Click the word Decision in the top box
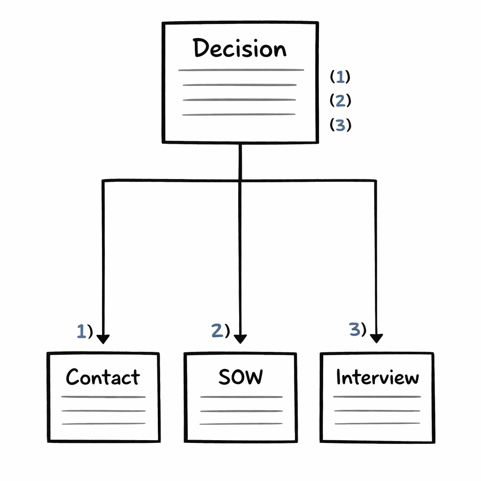click(240, 48)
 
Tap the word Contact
click(103, 377)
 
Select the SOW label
click(240, 377)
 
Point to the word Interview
click(377, 377)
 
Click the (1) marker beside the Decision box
click(340, 76)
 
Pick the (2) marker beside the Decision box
click(340, 101)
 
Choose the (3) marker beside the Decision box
click(340, 125)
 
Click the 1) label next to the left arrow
click(85, 332)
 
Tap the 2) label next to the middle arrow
click(220, 331)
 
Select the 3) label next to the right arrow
click(357, 330)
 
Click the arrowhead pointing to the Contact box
click(103, 338)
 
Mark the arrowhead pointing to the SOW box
click(240, 338)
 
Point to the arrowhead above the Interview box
click(376, 338)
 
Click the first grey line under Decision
click(240, 70)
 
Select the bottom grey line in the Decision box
click(239, 114)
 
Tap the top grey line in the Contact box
click(103, 397)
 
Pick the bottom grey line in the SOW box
click(241, 424)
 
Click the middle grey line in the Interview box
click(377, 410)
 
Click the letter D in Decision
click(202, 48)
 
